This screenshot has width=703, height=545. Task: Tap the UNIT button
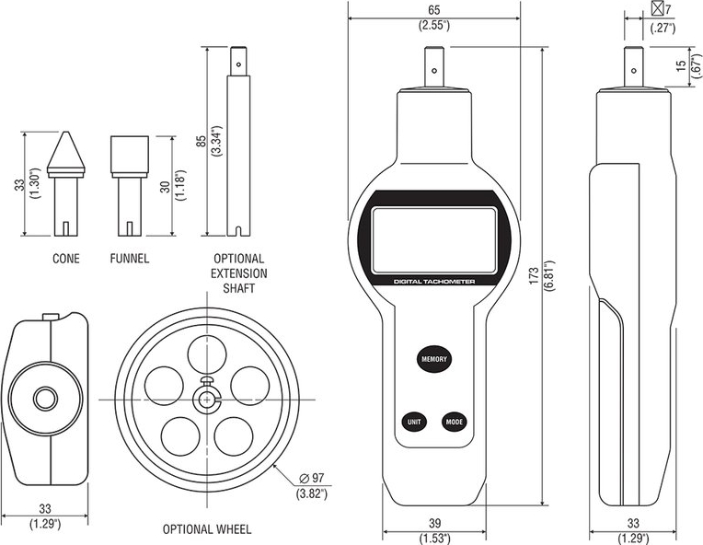[x=413, y=422]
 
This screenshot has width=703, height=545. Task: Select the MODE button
[x=454, y=422]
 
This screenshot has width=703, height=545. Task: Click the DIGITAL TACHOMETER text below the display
[x=433, y=282]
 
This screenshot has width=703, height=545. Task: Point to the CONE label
[x=65, y=259]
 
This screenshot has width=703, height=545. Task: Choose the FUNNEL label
[x=129, y=259]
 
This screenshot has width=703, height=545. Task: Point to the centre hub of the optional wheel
[x=208, y=398]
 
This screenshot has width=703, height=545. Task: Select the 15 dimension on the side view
[x=680, y=66]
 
